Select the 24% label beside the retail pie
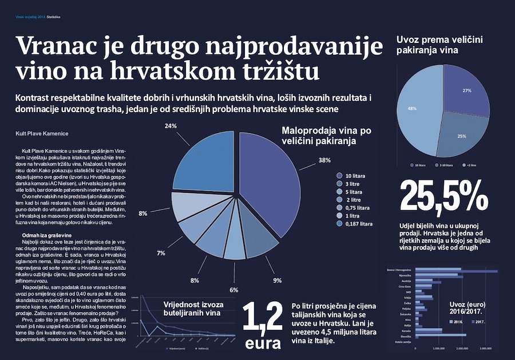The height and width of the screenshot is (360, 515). tap(170, 125)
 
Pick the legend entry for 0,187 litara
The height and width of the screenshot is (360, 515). tap(358, 224)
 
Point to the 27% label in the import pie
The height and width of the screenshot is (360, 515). tap(467, 91)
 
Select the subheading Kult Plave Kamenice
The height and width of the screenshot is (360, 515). tap(42, 134)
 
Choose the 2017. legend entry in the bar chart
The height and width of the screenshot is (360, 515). tap(479, 322)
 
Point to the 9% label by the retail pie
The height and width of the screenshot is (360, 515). tap(277, 280)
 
